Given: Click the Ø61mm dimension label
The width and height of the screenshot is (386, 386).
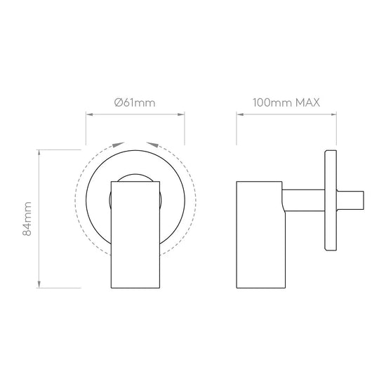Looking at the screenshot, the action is (x=135, y=102).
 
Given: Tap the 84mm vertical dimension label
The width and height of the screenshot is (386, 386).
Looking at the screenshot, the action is (x=27, y=219).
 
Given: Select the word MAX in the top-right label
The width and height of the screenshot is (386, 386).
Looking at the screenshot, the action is (x=307, y=102).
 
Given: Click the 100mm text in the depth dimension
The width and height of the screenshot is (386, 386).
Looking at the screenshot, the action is (x=272, y=102).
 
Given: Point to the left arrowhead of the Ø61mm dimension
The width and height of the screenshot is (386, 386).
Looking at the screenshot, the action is (x=89, y=114).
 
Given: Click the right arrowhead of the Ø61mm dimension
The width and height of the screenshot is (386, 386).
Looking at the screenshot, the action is (x=181, y=114).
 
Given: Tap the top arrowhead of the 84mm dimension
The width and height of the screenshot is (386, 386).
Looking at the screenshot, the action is (x=39, y=153).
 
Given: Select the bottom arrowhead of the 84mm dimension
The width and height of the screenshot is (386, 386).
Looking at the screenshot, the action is (x=39, y=284).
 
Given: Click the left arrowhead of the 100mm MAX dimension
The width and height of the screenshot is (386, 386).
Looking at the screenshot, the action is (x=240, y=114).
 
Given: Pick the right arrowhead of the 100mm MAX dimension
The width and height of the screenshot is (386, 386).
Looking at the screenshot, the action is (x=333, y=114).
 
